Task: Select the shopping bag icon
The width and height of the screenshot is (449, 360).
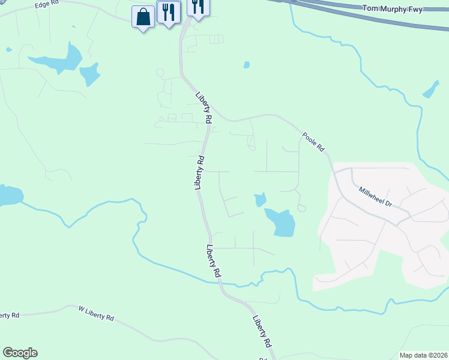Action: [143, 17]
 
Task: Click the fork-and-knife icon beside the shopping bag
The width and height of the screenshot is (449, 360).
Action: [169, 12]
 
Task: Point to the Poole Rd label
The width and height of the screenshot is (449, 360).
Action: [313, 142]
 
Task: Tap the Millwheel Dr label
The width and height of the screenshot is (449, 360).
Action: [375, 196]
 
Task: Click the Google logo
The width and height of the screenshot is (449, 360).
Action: [20, 353]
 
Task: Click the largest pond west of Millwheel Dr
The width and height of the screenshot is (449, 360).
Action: [281, 222]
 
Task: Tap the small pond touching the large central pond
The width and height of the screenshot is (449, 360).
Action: [260, 199]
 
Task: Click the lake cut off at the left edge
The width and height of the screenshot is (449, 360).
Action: [9, 196]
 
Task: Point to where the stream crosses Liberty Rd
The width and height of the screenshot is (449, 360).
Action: [218, 282]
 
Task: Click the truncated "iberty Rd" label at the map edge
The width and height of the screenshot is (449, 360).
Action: [10, 315]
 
